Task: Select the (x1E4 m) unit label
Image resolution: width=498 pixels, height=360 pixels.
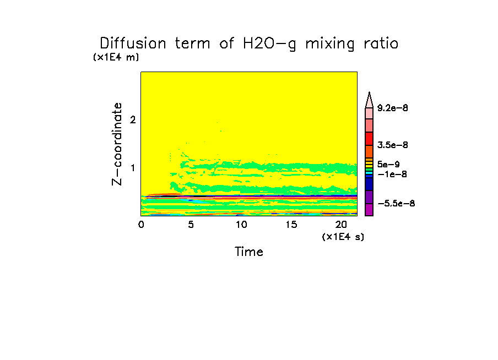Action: pos(116,57)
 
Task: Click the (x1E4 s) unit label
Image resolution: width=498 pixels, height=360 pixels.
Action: pos(343,236)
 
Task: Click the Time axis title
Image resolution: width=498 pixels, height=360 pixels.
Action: pos(249,252)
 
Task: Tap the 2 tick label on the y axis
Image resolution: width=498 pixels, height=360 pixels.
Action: pos(132,120)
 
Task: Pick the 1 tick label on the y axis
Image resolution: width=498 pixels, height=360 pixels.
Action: pos(132,168)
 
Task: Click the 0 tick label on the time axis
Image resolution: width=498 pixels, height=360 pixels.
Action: pos(141,225)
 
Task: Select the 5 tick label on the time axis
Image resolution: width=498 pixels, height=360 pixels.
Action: pos(191,225)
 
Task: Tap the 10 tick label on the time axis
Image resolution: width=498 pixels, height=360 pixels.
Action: pos(241,225)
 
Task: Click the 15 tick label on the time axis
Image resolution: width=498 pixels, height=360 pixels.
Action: pos(291,225)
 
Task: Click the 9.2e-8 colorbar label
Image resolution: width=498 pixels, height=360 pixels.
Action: pos(393,108)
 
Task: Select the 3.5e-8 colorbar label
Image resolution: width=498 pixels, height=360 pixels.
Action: pos(393,145)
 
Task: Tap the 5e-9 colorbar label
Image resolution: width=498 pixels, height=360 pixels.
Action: pos(388,164)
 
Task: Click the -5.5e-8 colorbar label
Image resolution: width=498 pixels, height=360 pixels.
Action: pos(396,204)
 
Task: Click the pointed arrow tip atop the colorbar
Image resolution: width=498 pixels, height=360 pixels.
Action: pos(369,96)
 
